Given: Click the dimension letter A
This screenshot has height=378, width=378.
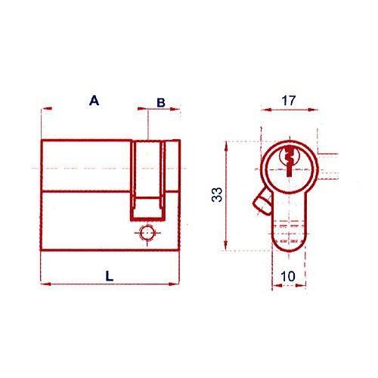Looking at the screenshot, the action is pyautogui.click(x=94, y=101).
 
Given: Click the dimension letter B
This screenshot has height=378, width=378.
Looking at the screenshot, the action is pyautogui.click(x=161, y=103).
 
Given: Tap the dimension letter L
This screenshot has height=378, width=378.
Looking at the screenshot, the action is pyautogui.click(x=110, y=276).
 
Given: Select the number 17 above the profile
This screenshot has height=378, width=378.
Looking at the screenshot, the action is pyautogui.click(x=288, y=101).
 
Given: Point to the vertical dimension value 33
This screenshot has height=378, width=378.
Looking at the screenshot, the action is pyautogui.click(x=217, y=194).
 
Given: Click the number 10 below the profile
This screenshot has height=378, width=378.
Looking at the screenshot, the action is pyautogui.click(x=288, y=277).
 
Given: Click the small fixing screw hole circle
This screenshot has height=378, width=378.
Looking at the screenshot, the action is pyautogui.click(x=147, y=233).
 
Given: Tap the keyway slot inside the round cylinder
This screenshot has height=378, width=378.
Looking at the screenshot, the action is pyautogui.click(x=289, y=160).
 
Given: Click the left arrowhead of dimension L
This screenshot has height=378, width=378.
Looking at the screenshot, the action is pyautogui.click(x=46, y=284).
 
